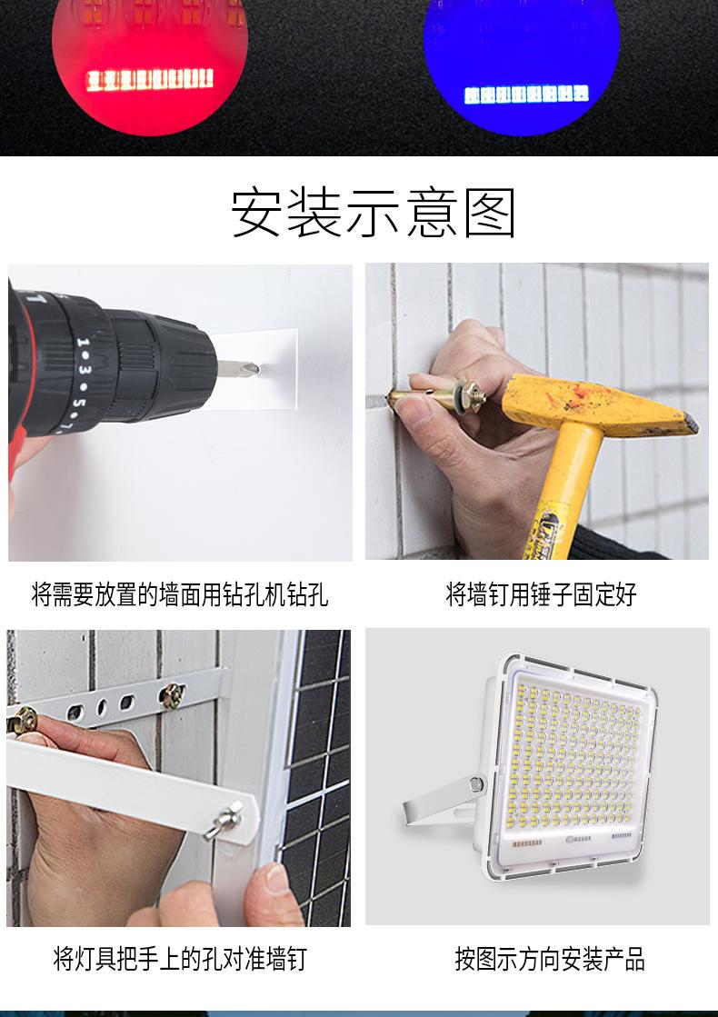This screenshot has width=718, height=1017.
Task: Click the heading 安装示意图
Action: pyautogui.click(x=373, y=213)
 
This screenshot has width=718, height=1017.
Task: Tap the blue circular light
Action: pyautogui.click(x=522, y=50)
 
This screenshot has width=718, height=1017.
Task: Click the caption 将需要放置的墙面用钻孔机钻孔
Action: pyautogui.click(x=180, y=595)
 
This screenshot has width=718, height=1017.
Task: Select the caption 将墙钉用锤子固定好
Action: pyautogui.click(x=541, y=595)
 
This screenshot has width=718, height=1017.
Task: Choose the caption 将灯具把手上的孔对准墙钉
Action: pyautogui.click(x=180, y=958)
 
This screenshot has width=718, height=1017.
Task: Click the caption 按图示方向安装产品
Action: pyautogui.click(x=550, y=958)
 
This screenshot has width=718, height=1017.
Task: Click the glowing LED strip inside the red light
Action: pyautogui.click(x=149, y=79)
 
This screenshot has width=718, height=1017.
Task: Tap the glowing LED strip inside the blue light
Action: pyautogui.click(x=526, y=94)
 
